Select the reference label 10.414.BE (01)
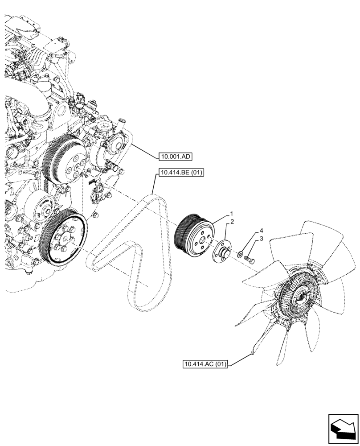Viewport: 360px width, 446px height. click(180, 173)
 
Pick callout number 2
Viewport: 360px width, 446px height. click(232, 222)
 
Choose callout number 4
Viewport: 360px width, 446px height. click(262, 231)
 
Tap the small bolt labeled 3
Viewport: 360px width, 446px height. click(249, 258)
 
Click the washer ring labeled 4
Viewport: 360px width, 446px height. click(241, 255)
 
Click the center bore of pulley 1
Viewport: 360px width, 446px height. click(203, 241)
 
